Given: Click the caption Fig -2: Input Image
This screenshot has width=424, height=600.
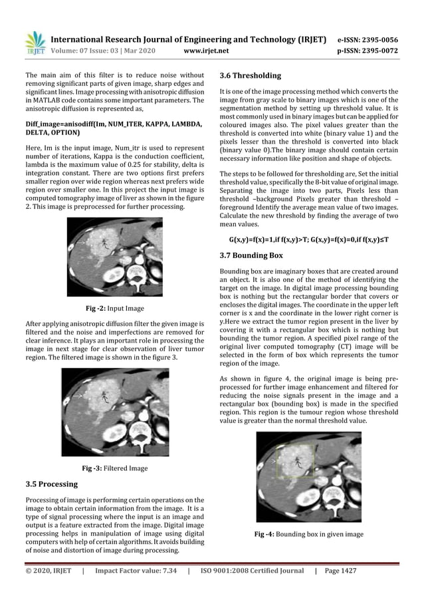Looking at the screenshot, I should click(115, 309).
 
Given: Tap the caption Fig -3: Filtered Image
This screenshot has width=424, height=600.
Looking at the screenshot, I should click(115, 468).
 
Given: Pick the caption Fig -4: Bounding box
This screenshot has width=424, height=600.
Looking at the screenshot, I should click(309, 533).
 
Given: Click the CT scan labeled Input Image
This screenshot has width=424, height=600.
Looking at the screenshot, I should click(114, 258).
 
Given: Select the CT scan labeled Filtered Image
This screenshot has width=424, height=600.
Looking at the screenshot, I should click(114, 412).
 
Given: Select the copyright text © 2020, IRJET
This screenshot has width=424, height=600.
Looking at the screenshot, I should click(48, 571).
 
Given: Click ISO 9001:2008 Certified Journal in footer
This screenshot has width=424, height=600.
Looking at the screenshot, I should click(252, 571).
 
